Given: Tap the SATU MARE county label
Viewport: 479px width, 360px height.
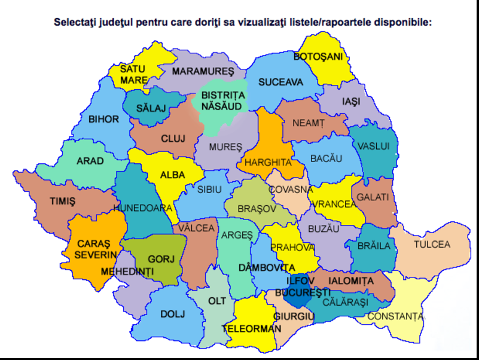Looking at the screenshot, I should pyautogui.click(x=133, y=75).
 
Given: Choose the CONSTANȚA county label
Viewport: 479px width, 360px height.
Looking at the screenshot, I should pyautogui.click(x=395, y=316).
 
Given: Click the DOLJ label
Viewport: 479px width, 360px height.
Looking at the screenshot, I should pyautogui.click(x=173, y=314).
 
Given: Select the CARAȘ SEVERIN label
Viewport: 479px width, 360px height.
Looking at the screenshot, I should pyautogui.click(x=95, y=249).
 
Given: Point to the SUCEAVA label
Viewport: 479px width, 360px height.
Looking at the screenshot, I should pyautogui.click(x=281, y=83).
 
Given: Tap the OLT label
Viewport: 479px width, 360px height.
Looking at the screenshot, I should pyautogui.click(x=216, y=301).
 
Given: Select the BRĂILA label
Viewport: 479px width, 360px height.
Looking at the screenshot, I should pyautogui.click(x=374, y=246).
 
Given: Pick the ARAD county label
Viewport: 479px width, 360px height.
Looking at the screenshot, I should pyautogui.click(x=90, y=161).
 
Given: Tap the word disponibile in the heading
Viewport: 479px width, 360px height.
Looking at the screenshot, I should pyautogui.click(x=399, y=23).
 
